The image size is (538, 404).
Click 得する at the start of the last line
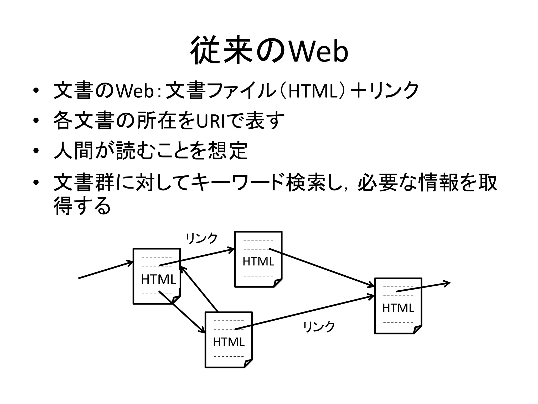click(82, 206)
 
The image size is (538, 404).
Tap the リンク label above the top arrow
click(202, 238)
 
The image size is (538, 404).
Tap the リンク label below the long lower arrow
click(319, 327)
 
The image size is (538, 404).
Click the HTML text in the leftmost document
click(158, 279)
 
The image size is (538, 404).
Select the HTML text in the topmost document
click(258, 261)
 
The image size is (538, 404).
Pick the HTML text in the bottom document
click(229, 342)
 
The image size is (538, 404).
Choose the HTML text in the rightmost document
click(398, 308)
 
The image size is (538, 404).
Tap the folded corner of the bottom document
click(248, 364)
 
